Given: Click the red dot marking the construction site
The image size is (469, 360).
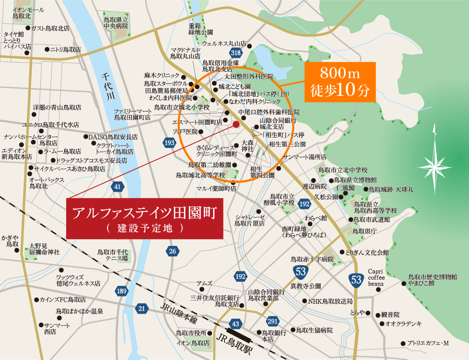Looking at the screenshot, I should click(x=236, y=124).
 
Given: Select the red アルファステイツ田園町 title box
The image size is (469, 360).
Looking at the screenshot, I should click(x=144, y=219).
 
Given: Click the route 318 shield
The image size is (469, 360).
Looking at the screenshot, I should click(x=236, y=53).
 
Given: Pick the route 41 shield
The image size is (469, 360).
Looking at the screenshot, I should click(x=118, y=186).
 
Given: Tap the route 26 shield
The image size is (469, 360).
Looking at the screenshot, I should click(x=173, y=251).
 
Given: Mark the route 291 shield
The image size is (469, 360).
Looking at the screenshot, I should click(x=272, y=321).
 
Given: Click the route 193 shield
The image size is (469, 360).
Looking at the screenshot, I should click(x=169, y=143).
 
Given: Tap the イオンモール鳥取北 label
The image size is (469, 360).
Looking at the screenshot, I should click(x=28, y=13).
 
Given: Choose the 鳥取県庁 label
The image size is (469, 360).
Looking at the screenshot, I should click(x=364, y=230).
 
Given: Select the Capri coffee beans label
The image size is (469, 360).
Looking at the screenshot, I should click(x=376, y=277).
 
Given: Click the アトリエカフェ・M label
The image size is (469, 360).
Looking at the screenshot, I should click(x=427, y=343).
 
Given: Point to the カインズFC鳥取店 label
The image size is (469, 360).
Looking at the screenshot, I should click(x=63, y=300).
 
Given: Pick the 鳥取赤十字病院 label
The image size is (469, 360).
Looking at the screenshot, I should click(x=312, y=259).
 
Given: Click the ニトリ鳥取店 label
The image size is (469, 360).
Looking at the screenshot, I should click(x=65, y=49).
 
